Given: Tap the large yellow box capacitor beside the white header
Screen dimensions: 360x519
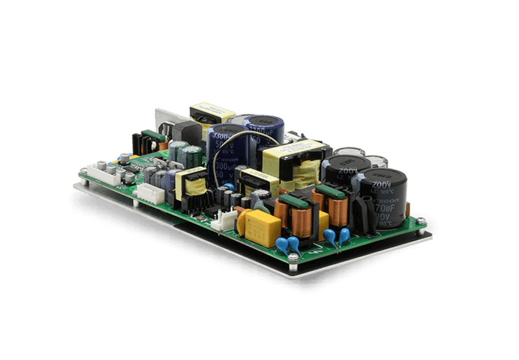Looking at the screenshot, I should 260,224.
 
